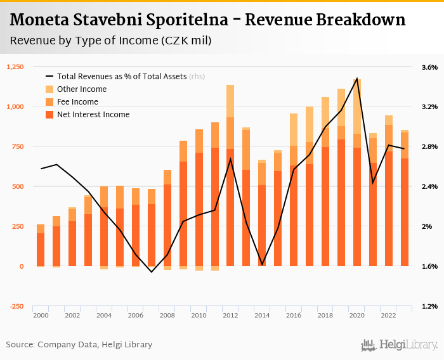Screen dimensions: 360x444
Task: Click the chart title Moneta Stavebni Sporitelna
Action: pos(207,20)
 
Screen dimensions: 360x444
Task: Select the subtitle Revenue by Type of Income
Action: pos(110,41)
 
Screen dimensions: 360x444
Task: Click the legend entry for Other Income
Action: pos(82,89)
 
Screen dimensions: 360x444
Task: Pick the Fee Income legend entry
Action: pos(77,102)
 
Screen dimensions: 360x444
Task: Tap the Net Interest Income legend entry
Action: pos(93,115)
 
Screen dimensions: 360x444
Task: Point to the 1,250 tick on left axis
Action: pos(15,67)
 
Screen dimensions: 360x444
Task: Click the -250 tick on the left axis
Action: pos(16,306)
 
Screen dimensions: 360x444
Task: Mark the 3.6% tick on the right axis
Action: pos(429,67)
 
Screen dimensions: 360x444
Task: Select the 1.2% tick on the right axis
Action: pos(429,306)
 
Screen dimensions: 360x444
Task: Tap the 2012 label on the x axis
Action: pos(230,315)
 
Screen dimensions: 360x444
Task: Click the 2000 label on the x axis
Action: pos(41,315)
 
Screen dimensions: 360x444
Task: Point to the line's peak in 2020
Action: pos(357,79)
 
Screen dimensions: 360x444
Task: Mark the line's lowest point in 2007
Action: pos(152,272)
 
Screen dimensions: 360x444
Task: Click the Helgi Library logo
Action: pos(400,345)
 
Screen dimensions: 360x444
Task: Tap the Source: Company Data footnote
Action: pos(79,345)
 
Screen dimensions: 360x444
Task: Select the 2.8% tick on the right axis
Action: pos(429,146)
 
